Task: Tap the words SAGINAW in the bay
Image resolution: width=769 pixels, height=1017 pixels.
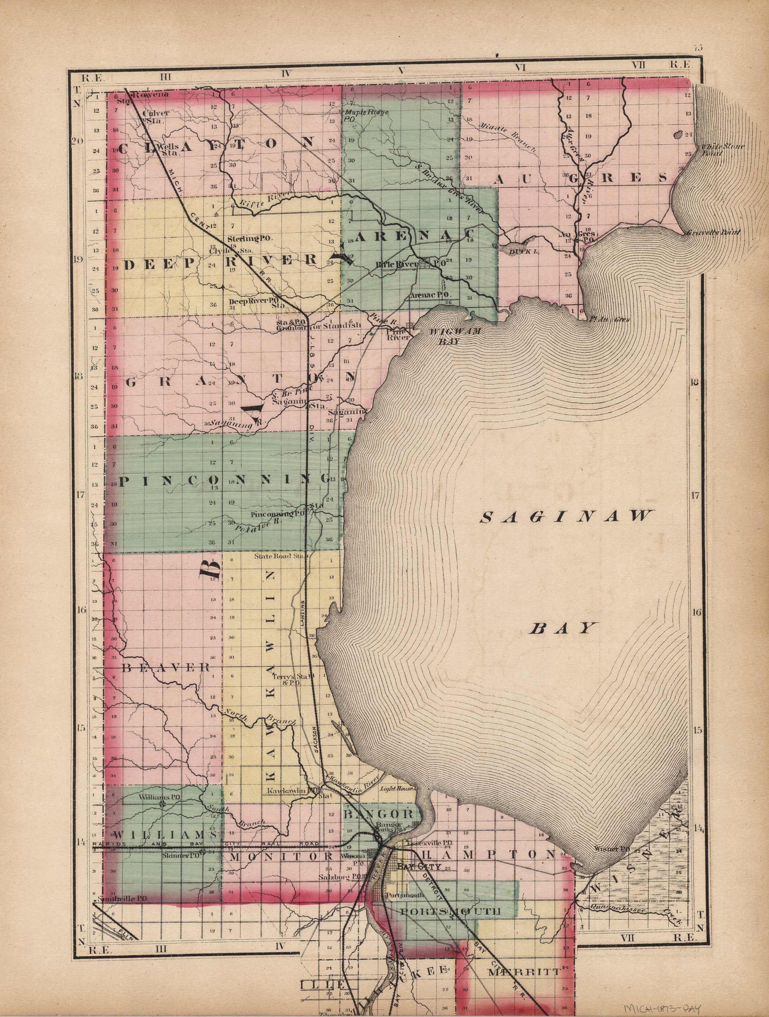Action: [566, 517]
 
